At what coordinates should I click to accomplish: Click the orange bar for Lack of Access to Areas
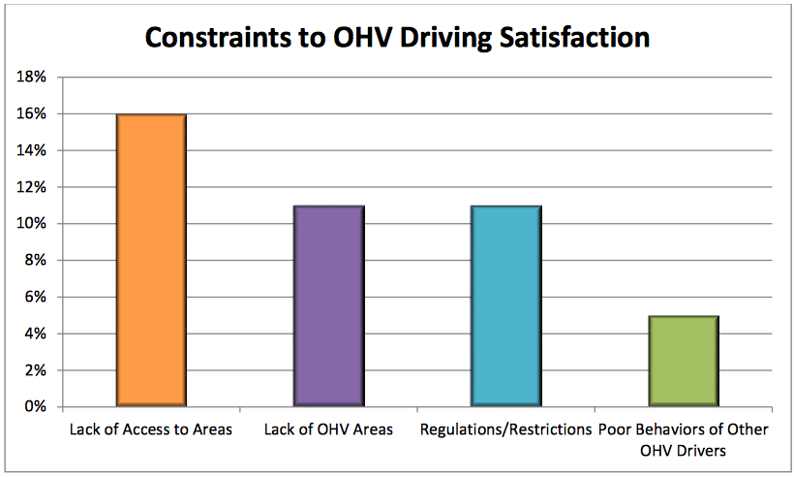[x=151, y=260]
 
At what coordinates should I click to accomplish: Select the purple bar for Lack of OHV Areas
[x=328, y=305]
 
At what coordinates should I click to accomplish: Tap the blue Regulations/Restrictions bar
[x=506, y=305]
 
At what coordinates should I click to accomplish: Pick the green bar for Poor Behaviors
[x=684, y=361]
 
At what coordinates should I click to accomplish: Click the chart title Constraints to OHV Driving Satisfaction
[x=397, y=37]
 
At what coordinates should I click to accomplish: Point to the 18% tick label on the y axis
[x=33, y=78]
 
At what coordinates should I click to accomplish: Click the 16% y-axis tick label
[x=33, y=114]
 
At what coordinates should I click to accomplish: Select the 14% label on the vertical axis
[x=33, y=151]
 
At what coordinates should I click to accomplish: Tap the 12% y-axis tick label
[x=33, y=187]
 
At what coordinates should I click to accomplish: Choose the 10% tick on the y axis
[x=33, y=224]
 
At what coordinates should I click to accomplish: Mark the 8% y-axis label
[x=37, y=261]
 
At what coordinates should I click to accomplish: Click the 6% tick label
[x=37, y=298]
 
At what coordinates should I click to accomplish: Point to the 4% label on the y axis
[x=37, y=334]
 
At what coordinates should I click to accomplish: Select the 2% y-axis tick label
[x=37, y=370]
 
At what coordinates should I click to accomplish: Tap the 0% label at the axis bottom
[x=37, y=407]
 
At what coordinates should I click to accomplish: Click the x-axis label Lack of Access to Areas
[x=151, y=429]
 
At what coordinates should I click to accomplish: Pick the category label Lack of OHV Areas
[x=328, y=429]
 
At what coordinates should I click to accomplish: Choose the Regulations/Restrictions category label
[x=505, y=429]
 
